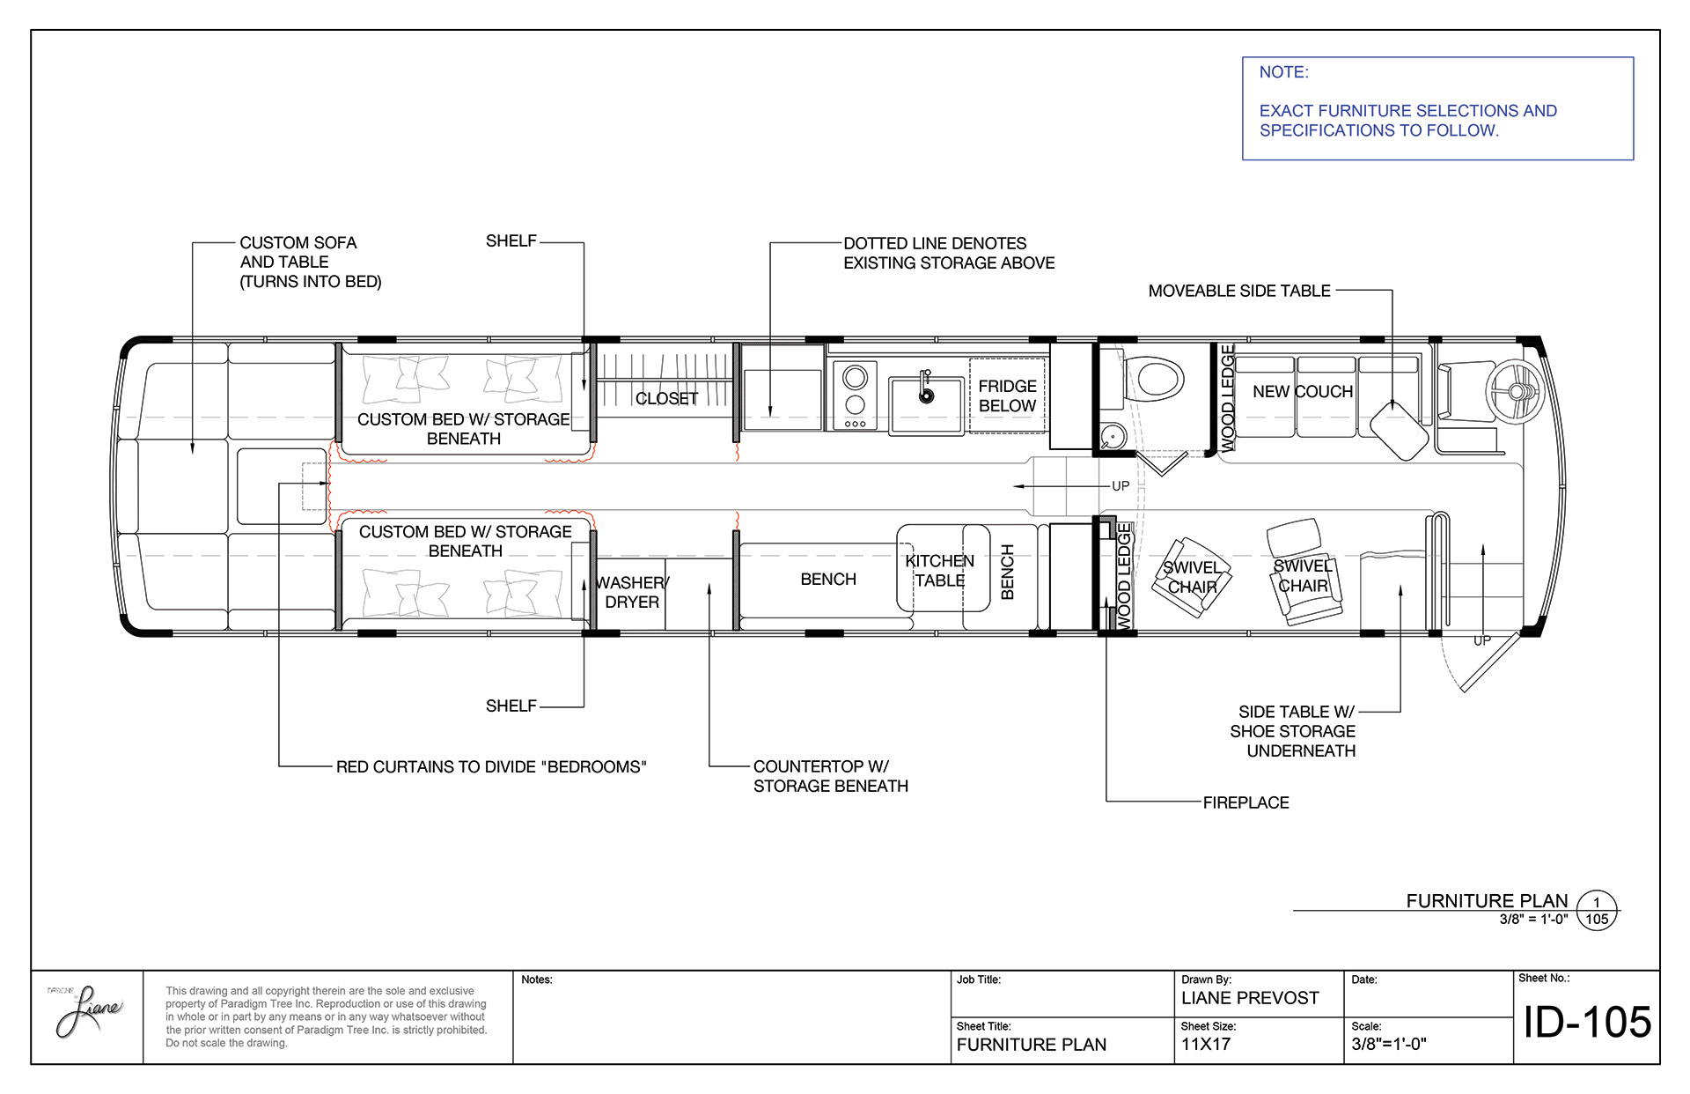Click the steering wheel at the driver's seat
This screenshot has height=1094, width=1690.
pyautogui.click(x=1512, y=391)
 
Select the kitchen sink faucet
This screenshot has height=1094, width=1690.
pyautogui.click(x=925, y=387)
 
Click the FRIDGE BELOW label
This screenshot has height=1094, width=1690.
pyautogui.click(x=1007, y=395)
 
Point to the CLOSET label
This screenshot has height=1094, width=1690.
pyautogui.click(x=666, y=399)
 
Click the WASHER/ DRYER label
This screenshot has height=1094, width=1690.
pyautogui.click(x=632, y=592)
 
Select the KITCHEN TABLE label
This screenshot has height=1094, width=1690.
pyautogui.click(x=939, y=571)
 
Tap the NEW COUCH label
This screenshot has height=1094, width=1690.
pyautogui.click(x=1303, y=391)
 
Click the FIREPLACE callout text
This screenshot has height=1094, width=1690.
pyautogui.click(x=1245, y=802)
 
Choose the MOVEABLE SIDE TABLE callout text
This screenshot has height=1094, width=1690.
pyautogui.click(x=1239, y=291)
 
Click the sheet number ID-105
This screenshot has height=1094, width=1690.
pyautogui.click(x=1587, y=1022)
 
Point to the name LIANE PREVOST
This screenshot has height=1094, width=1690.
pyautogui.click(x=1250, y=998)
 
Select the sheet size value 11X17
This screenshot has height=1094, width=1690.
pyautogui.click(x=1206, y=1045)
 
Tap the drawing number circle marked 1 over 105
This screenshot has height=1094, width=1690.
pyautogui.click(x=1597, y=911)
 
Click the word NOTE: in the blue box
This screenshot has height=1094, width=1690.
pyautogui.click(x=1283, y=72)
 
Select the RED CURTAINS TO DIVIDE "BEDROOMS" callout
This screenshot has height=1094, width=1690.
pyautogui.click(x=491, y=767)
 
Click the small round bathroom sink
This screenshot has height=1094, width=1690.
pyautogui.click(x=1113, y=436)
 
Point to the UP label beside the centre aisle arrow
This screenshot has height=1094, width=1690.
pyautogui.click(x=1121, y=486)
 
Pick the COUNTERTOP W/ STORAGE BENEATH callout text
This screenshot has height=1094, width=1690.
pyautogui.click(x=831, y=776)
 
